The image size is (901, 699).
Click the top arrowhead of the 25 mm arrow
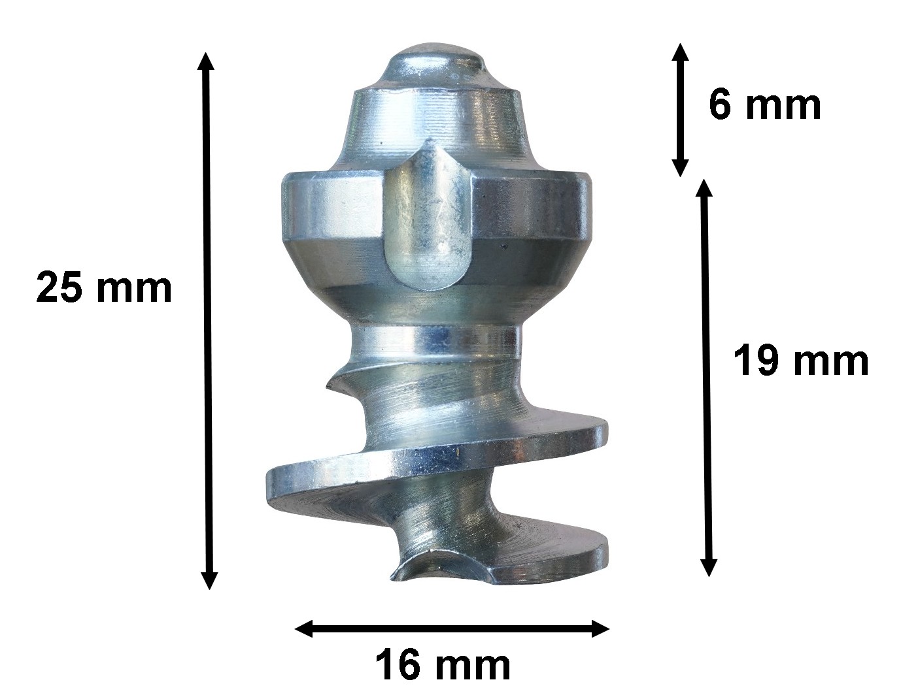(207, 62)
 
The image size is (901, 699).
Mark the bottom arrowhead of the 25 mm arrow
(209, 579)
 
